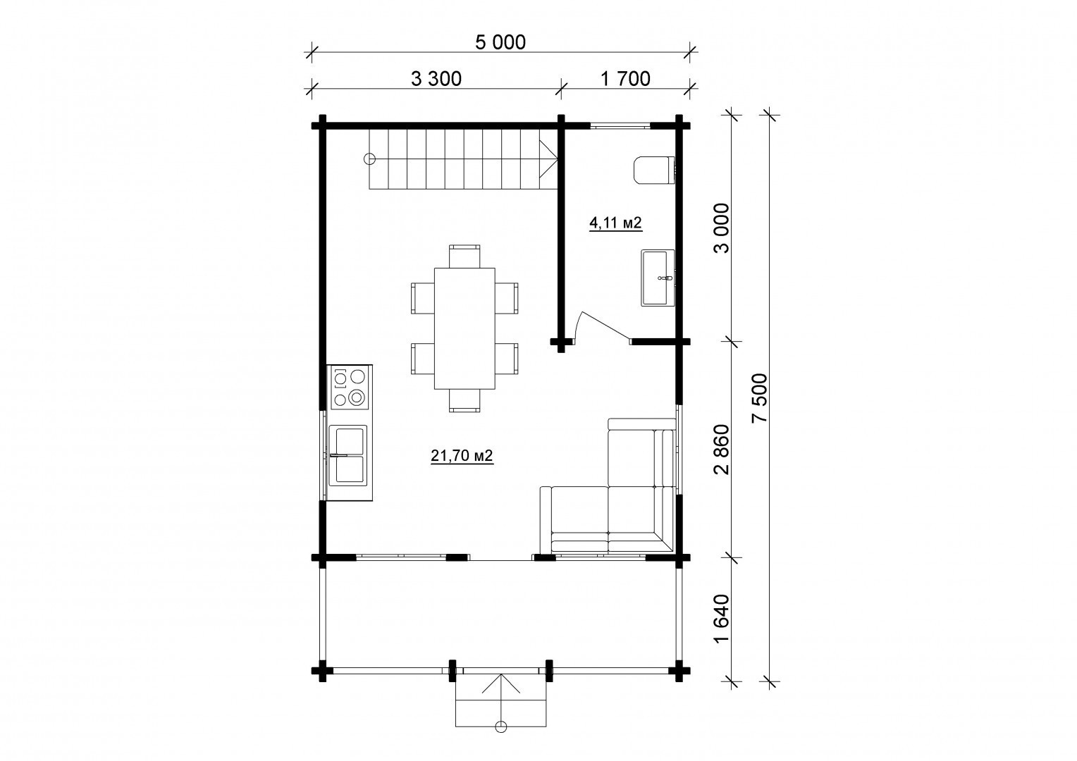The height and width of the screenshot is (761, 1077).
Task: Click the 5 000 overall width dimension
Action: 500,42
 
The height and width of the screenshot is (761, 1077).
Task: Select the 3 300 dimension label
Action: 436,79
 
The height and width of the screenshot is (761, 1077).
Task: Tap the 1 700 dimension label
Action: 625,78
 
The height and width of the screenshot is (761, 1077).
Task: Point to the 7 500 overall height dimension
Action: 761,398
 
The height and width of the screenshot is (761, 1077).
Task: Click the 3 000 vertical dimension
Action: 721,228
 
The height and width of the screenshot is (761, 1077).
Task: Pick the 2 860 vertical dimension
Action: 721,450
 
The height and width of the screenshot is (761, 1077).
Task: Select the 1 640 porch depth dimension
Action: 721,619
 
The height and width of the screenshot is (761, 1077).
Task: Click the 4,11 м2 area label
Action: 615,223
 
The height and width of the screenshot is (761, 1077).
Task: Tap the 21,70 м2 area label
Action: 462,455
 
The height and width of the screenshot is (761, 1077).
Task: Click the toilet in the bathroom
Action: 655,170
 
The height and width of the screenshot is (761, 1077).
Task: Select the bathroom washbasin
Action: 658,278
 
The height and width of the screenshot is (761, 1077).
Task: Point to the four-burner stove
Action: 350,388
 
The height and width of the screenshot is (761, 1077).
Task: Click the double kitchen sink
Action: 348,454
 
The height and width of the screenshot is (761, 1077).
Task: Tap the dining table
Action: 464,328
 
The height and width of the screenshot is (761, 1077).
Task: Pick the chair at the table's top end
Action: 464,256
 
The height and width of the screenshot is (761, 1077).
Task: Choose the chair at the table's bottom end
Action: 464,400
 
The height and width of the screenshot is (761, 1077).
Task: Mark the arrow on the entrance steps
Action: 501,698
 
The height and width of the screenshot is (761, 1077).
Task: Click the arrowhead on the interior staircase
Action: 548,159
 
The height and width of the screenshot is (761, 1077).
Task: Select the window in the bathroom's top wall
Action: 621,126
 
